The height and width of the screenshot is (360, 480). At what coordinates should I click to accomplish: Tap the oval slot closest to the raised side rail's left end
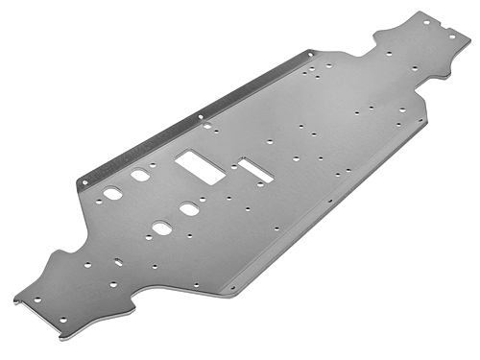pyautogui.click(x=112, y=193)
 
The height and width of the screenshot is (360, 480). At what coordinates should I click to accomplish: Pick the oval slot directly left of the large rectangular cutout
pyautogui.click(x=140, y=176)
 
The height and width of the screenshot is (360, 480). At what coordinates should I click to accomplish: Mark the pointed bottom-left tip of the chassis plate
pyautogui.click(x=15, y=300)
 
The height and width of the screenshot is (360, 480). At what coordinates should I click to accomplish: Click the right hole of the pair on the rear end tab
pyautogui.click(x=452, y=36)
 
